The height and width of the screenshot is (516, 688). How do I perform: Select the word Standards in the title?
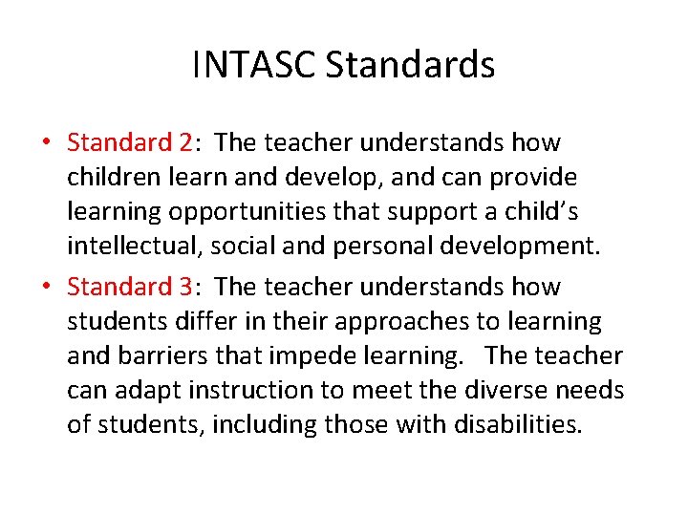pyautogui.click(x=410, y=65)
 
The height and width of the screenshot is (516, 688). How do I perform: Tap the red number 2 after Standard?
pyautogui.click(x=185, y=143)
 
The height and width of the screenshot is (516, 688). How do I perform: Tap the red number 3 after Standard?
pyautogui.click(x=185, y=287)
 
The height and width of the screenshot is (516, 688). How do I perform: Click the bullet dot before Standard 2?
pyautogui.click(x=46, y=143)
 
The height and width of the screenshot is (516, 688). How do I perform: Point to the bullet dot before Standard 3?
pyautogui.click(x=46, y=287)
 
